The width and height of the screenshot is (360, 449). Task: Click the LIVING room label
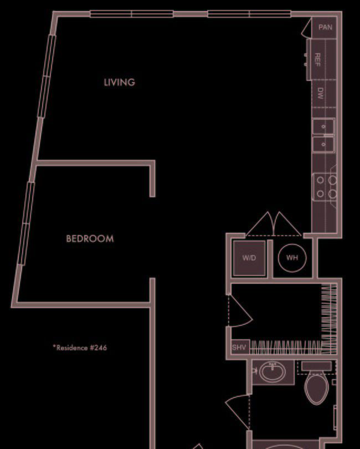point(119,83)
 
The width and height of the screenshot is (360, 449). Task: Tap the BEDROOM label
point(90,238)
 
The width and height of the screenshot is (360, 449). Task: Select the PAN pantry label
point(325,27)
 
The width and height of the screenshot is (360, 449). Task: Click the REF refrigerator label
point(317,60)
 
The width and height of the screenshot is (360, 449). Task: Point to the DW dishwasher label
point(320,93)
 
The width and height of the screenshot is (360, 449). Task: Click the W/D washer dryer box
point(249,258)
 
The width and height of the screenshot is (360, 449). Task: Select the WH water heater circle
point(292,258)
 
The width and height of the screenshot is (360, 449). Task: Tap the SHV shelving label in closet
point(239,348)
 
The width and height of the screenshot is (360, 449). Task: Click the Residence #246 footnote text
point(80,348)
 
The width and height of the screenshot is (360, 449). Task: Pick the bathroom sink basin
point(272,372)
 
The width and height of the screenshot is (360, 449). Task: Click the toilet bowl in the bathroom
point(316,389)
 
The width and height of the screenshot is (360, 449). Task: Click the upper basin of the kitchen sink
point(323,126)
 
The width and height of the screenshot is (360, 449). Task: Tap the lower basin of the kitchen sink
point(323,144)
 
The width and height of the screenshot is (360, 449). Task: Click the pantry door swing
point(306,27)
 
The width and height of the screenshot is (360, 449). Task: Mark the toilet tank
point(316,366)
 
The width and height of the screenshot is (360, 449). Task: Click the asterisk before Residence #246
point(54,346)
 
